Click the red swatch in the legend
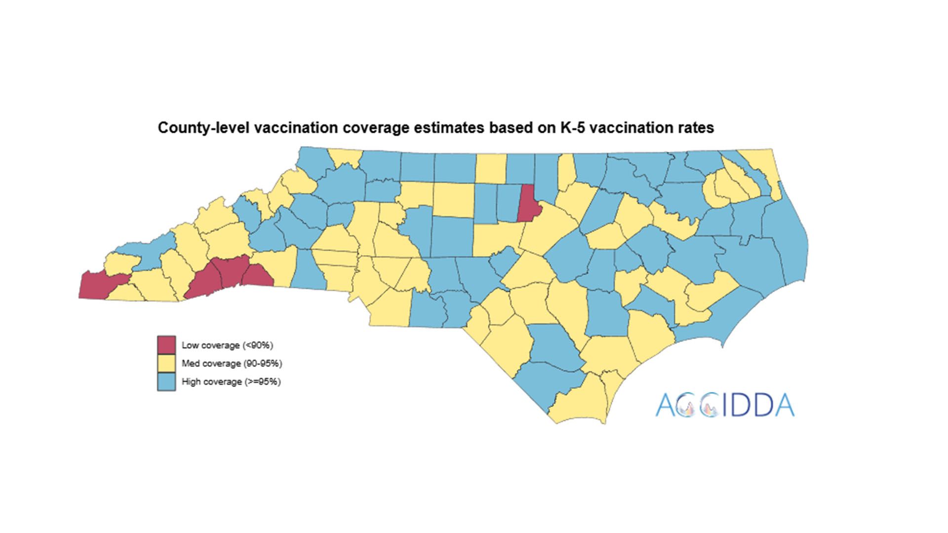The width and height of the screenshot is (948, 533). tap(166, 345)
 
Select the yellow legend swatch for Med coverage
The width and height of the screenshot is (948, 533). tap(166, 363)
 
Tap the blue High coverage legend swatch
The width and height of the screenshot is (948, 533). tap(166, 381)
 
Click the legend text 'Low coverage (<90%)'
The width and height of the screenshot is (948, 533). tap(227, 345)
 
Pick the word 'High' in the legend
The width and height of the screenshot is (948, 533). tap(191, 381)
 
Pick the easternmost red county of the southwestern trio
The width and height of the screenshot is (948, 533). tap(257, 276)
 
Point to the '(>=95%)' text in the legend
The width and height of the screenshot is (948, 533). tap(262, 381)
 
